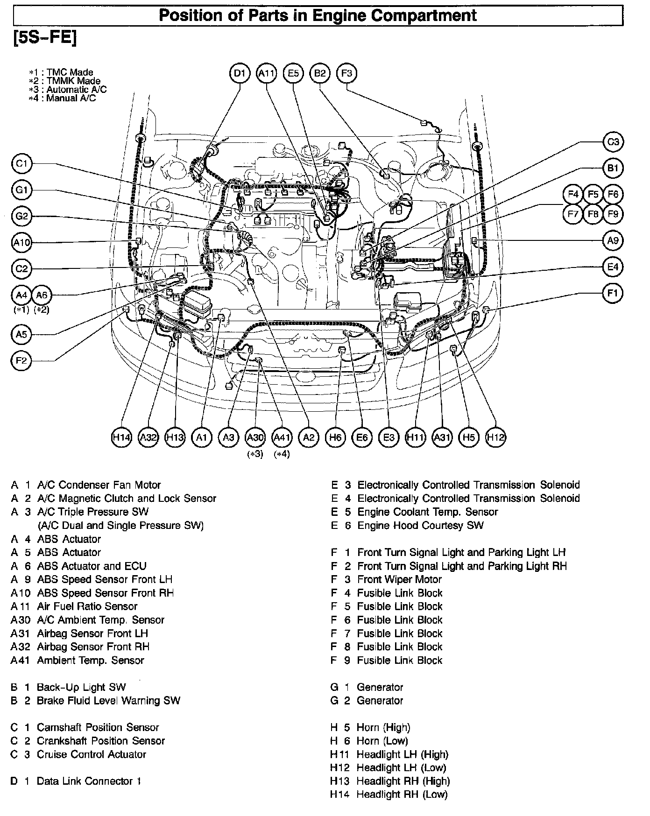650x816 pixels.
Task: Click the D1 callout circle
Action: click(240, 73)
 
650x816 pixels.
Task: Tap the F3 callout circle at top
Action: click(346, 73)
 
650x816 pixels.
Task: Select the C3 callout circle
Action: click(613, 142)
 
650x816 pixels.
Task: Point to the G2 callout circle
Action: click(21, 217)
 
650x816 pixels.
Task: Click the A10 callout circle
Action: click(21, 242)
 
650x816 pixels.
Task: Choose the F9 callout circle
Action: click(613, 214)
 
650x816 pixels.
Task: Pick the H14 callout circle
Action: click(122, 437)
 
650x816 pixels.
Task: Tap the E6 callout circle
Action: click(362, 437)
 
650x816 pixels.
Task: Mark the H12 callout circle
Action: click(496, 437)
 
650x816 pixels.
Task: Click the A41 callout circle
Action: click(282, 437)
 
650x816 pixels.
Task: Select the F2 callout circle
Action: click(21, 360)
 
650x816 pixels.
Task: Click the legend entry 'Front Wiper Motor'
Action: click(399, 579)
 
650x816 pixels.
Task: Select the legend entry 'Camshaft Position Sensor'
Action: click(98, 727)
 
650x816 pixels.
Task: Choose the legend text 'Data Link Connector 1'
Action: click(89, 781)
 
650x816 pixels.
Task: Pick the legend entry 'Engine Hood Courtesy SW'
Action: click(420, 525)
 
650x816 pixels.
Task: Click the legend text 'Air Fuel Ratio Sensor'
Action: click(87, 606)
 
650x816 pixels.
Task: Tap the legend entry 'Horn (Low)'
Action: click(382, 741)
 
